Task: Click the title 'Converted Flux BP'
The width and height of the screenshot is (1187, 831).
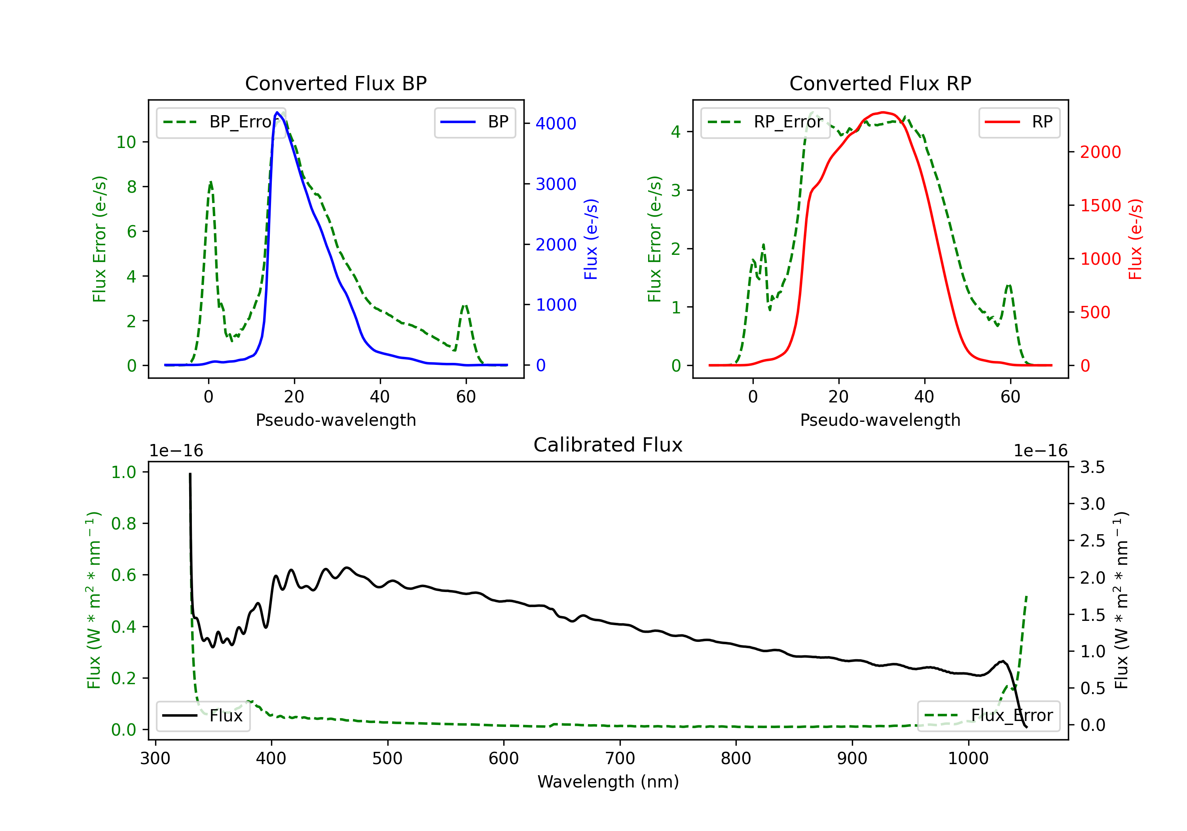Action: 336,83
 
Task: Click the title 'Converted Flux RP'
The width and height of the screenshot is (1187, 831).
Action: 880,83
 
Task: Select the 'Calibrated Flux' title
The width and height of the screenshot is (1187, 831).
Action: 608,445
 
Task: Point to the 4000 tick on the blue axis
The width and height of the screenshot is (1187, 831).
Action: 556,123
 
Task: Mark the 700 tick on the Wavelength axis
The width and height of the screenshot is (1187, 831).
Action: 620,759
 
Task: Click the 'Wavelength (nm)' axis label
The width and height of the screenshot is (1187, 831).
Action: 608,782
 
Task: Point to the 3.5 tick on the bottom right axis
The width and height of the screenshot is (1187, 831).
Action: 1092,467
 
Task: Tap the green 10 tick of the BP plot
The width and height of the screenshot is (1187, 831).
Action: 126,142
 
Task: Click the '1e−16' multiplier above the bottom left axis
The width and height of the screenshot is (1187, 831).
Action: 176,451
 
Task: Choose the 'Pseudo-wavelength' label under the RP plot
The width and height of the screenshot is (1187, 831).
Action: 880,420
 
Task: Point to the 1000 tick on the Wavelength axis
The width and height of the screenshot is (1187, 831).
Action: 968,759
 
